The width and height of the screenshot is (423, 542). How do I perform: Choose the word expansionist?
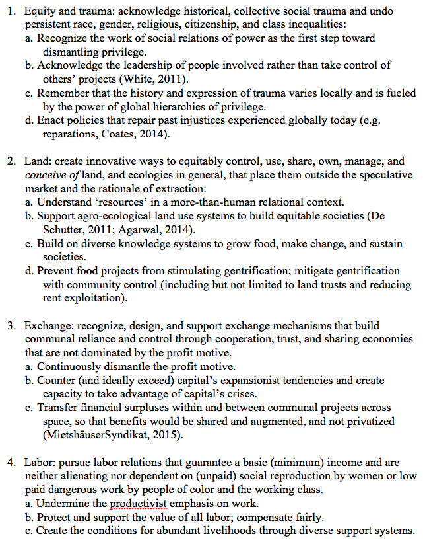249,380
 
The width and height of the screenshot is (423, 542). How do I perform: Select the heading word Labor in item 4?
38,462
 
